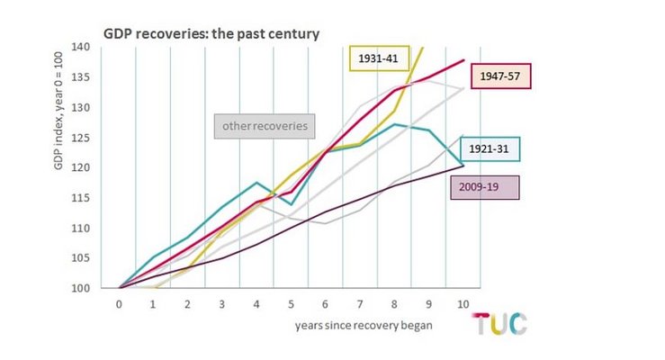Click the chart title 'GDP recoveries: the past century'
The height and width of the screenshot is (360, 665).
click(211, 33)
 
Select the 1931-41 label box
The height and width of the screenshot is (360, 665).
click(380, 58)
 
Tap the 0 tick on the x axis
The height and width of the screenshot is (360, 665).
click(119, 304)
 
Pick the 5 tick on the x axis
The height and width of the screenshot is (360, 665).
click(291, 304)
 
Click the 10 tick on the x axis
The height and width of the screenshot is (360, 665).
click(463, 304)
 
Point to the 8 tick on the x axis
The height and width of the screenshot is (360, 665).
click(394, 304)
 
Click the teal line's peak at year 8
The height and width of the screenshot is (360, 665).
click(395, 124)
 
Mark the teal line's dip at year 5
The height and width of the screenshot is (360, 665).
click(291, 204)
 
